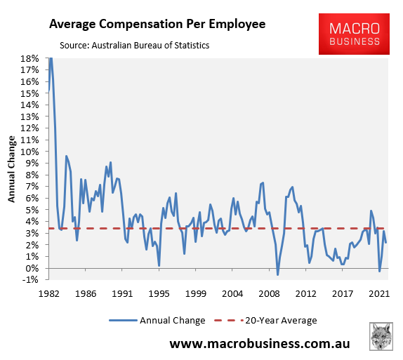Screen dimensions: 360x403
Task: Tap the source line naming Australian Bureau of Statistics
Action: point(128,46)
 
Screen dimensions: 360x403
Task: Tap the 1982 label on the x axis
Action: point(48,294)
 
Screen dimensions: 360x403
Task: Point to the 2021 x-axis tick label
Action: point(379,294)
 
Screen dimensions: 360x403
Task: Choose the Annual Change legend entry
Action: point(157,321)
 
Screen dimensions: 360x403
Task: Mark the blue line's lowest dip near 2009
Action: point(277,274)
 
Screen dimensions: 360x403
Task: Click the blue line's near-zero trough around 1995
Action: point(159,265)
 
